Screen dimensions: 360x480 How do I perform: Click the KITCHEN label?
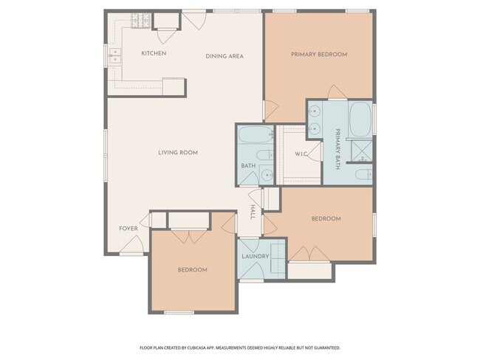click(x=154, y=53)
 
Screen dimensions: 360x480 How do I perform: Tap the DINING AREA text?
click(x=224, y=56)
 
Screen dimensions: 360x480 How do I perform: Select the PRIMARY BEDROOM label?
click(x=318, y=54)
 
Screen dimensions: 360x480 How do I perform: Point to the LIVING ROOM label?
click(x=178, y=153)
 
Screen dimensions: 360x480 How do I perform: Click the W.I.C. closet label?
click(x=301, y=154)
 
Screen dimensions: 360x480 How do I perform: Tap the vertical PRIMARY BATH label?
click(x=337, y=149)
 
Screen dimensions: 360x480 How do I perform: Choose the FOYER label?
click(x=128, y=229)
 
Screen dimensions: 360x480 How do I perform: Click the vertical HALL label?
click(x=253, y=212)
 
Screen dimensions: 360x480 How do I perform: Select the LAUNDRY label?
click(x=255, y=256)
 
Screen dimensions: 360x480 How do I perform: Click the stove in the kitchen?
click(x=140, y=21)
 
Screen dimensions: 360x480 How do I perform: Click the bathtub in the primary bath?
click(x=360, y=117)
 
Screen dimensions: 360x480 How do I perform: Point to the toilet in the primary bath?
click(x=363, y=175)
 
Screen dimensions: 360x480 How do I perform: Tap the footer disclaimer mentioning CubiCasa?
click(x=239, y=347)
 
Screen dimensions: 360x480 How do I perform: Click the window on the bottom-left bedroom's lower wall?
click(x=179, y=312)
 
